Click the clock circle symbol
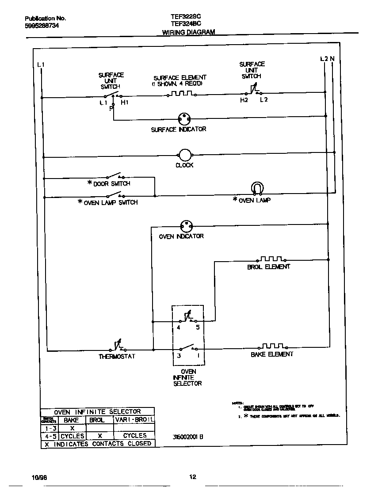[x=184, y=155]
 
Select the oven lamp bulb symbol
[x=257, y=188]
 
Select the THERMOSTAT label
[x=117, y=356]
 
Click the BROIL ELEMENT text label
[x=268, y=267]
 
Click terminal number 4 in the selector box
[x=178, y=328]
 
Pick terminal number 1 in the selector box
[x=198, y=355]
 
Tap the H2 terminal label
[x=244, y=100]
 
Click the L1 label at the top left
[x=41, y=65]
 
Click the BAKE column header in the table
[x=71, y=420]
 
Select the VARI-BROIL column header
[x=134, y=420]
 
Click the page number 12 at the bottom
[x=192, y=476]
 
